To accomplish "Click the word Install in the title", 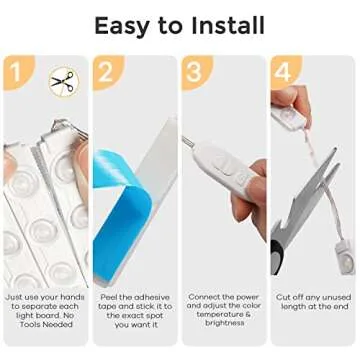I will click(x=227, y=24).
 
